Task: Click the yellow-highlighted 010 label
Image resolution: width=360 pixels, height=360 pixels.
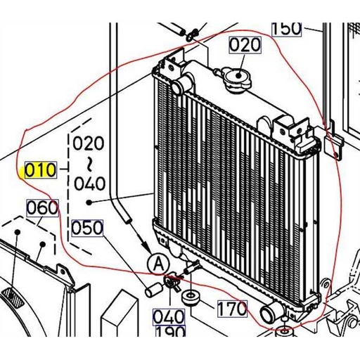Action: (x=39, y=170)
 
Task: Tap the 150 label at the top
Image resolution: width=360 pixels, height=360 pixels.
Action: (x=287, y=28)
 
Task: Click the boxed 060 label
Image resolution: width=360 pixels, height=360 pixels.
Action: (x=41, y=208)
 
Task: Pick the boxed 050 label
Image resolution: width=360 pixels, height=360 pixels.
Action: (x=86, y=229)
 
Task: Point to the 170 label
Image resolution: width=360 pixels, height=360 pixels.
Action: (x=231, y=308)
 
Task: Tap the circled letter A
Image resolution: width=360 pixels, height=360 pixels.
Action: (x=158, y=264)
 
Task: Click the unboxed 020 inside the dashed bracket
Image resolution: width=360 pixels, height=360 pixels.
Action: (x=89, y=144)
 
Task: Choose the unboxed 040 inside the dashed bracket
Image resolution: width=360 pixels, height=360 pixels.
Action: (x=89, y=184)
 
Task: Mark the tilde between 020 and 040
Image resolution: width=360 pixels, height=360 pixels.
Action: (x=89, y=164)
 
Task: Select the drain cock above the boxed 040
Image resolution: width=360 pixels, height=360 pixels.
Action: (x=172, y=283)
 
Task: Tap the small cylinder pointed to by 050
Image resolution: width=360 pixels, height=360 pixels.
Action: (x=151, y=288)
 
